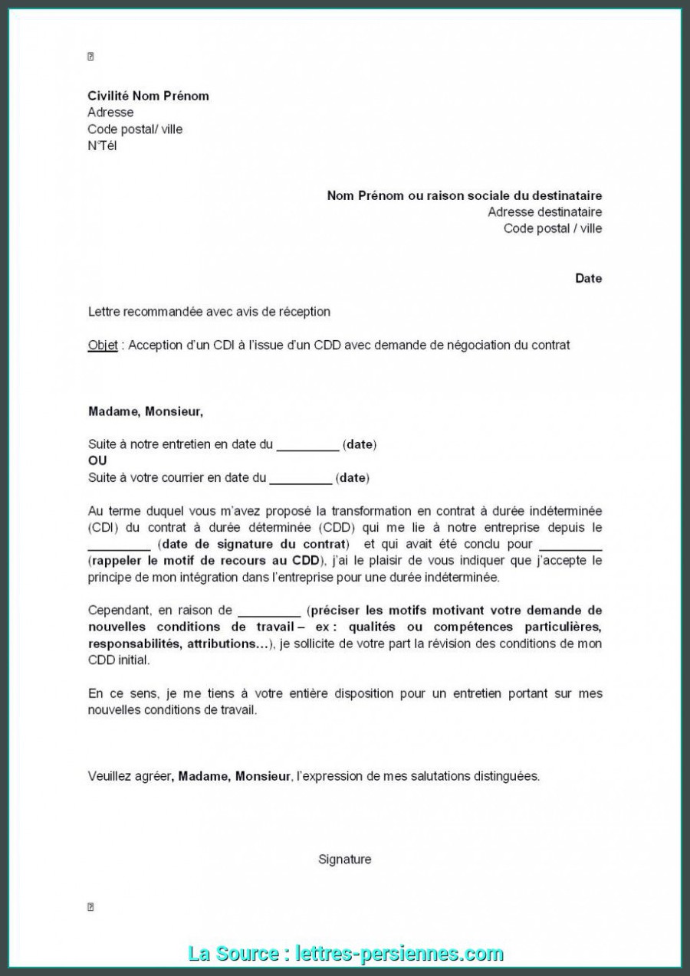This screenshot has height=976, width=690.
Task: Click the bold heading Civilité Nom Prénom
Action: pyautogui.click(x=148, y=96)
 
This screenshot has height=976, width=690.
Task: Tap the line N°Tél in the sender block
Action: pyautogui.click(x=102, y=146)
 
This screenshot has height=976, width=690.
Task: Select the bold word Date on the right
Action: pyautogui.click(x=588, y=278)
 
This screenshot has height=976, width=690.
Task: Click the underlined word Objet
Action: pyautogui.click(x=103, y=345)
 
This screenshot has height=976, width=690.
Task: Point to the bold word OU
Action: pyautogui.click(x=97, y=460)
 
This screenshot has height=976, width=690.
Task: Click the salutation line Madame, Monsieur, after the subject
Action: pyautogui.click(x=146, y=411)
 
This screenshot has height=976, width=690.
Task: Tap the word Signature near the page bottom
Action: pyautogui.click(x=345, y=859)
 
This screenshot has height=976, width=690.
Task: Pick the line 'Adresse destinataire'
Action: pyautogui.click(x=544, y=211)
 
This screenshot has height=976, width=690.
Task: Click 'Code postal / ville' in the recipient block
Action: pyautogui.click(x=552, y=228)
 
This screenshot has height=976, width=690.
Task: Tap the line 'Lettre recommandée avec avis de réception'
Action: pyautogui.click(x=209, y=311)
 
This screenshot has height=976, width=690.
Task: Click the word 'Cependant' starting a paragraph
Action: pyautogui.click(x=119, y=610)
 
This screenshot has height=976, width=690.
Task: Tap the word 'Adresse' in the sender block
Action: pyautogui.click(x=110, y=112)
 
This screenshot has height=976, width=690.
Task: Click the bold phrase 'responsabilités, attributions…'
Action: pyautogui.click(x=179, y=644)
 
